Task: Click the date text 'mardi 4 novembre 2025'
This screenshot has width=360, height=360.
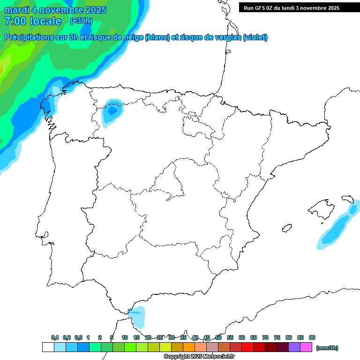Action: point(55,10)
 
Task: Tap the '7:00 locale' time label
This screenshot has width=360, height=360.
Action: point(33,21)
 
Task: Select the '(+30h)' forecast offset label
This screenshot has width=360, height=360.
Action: point(81,21)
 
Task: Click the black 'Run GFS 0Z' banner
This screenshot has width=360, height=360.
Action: point(291,7)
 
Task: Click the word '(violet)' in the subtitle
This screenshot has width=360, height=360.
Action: point(255,37)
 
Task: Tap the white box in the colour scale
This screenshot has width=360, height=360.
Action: point(48,347)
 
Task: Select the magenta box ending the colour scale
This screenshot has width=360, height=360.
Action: point(306,347)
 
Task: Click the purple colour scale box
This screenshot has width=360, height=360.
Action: point(294,347)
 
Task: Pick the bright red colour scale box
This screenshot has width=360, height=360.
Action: point(247,347)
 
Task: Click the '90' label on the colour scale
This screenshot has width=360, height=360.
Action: point(312,338)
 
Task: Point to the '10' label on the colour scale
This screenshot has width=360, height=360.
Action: point(124,338)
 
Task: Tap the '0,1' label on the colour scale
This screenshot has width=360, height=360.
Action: point(55,338)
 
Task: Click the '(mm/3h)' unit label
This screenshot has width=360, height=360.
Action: point(327,348)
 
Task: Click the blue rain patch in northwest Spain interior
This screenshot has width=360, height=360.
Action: point(112,112)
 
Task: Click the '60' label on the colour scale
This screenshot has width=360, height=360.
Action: point(242,338)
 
